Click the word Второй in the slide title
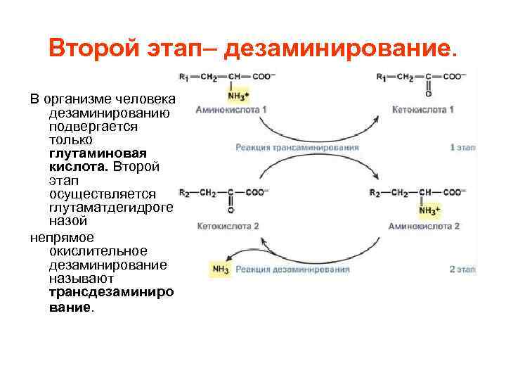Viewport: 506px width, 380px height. (x=99, y=49)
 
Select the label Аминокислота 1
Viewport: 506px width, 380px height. (x=231, y=110)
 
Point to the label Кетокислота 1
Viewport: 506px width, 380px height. (x=424, y=110)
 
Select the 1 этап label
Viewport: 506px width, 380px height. (x=462, y=148)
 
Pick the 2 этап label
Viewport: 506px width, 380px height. (x=462, y=269)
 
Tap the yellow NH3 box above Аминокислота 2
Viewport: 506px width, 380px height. (x=429, y=210)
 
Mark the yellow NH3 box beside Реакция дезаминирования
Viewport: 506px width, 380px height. (x=220, y=269)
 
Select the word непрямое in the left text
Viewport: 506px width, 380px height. (x=63, y=238)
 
